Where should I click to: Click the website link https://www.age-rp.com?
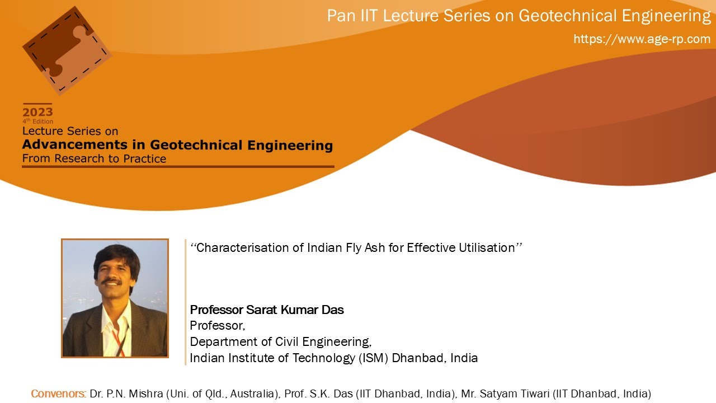(642, 39)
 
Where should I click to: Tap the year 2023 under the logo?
(37, 112)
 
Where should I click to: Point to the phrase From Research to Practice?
(94, 159)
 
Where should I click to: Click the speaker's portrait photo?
(115, 298)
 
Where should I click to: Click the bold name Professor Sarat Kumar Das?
(267, 310)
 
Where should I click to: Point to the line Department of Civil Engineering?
(280, 341)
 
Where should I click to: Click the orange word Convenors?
(58, 394)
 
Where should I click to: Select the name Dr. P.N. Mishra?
(126, 394)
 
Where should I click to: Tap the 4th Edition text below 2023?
(38, 121)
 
